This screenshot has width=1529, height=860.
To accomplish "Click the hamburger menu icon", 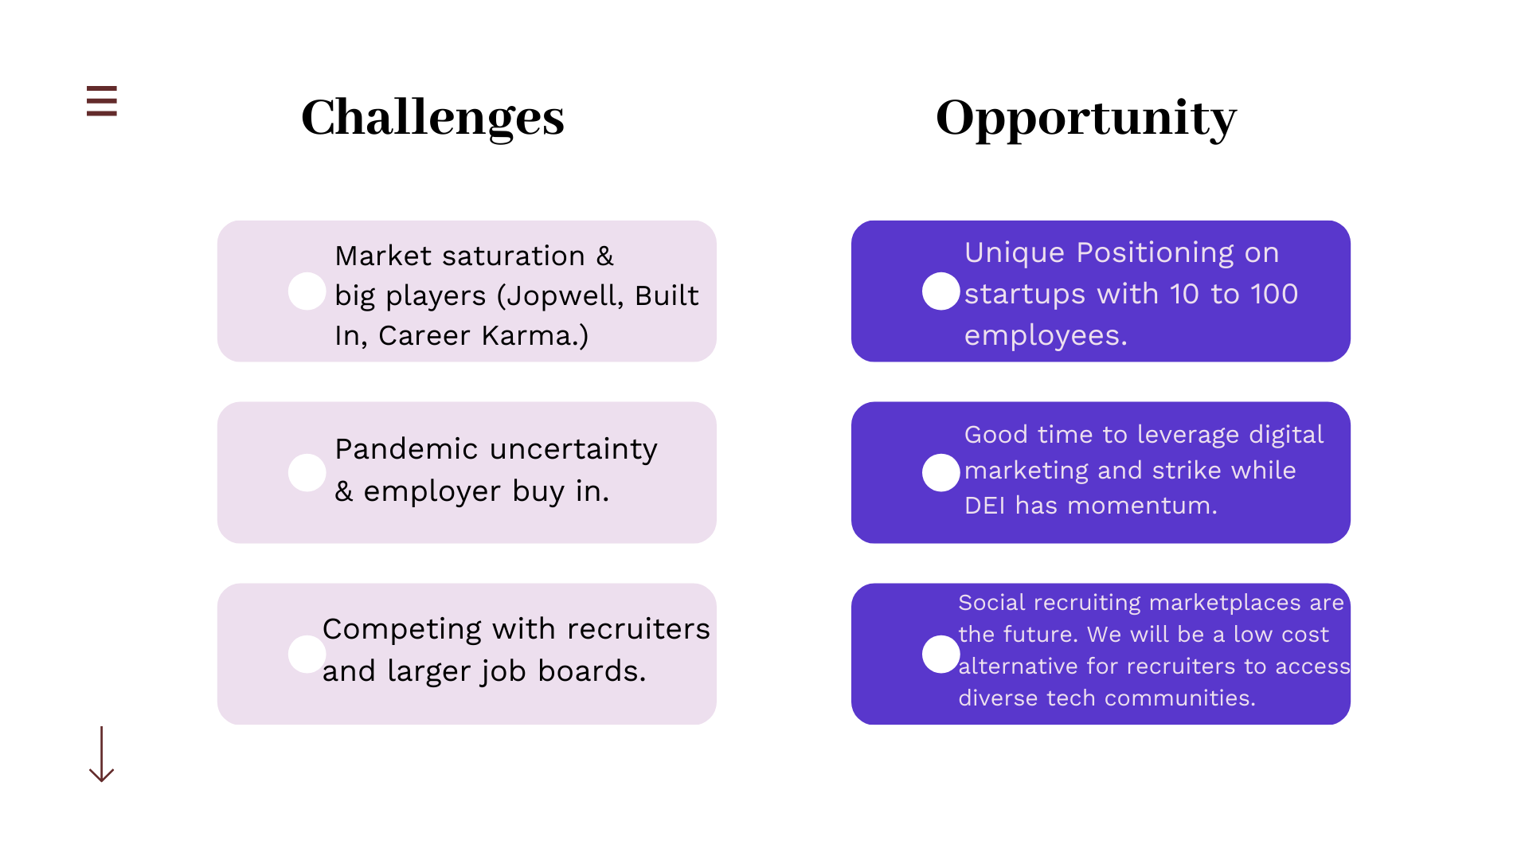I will point(102,101).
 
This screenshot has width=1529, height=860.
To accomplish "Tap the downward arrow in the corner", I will point(101,754).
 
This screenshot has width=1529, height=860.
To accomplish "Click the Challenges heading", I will point(432,118).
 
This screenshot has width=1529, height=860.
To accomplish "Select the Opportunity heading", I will point(1085,118).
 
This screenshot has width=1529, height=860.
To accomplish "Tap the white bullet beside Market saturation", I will point(307,291).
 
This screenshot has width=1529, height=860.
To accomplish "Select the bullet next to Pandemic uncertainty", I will point(307,473).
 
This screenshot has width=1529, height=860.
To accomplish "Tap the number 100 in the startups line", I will point(1273,295).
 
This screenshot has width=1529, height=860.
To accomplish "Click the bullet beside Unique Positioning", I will point(940,291).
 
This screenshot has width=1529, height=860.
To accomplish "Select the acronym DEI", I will point(985,506).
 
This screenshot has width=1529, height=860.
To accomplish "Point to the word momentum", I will point(1141,506).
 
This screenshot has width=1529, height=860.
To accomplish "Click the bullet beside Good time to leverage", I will point(940,473).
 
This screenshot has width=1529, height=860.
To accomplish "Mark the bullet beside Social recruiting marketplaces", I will point(940,655).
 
